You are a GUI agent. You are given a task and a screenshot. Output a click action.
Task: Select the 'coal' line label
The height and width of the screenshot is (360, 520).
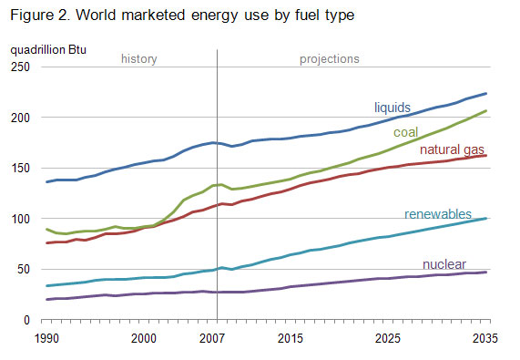pos(406,133)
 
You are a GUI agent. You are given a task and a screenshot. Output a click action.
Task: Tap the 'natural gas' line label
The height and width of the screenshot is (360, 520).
pos(451,149)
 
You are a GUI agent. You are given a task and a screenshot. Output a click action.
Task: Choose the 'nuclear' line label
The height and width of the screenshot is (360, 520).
pos(445,264)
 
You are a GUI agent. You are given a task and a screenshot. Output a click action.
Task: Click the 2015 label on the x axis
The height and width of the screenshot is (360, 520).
pos(291,338)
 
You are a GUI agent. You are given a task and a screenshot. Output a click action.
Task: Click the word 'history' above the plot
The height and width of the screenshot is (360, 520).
pos(139,59)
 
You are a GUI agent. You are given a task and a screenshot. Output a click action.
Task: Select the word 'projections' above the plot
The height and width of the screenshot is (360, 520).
pos(330,59)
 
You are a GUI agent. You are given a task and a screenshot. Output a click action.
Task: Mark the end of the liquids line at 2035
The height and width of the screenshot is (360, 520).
pos(487,93)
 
